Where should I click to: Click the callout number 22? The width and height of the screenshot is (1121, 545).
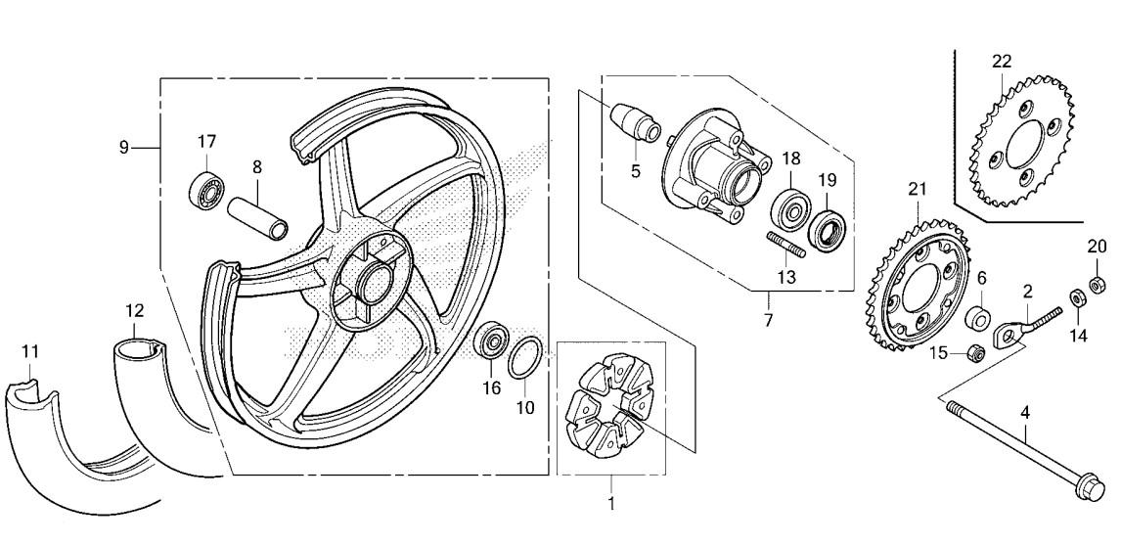1002,62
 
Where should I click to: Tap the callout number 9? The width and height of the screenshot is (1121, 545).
123,148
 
